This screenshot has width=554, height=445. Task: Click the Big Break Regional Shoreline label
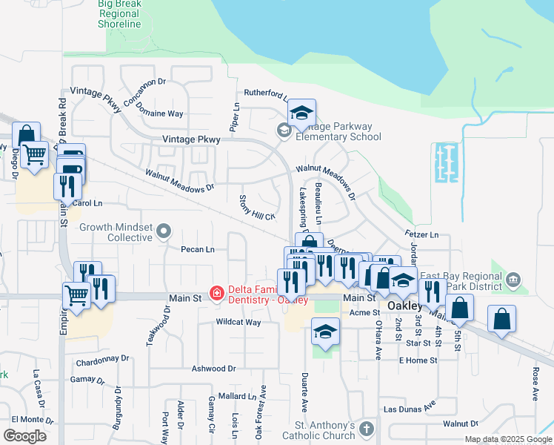120,14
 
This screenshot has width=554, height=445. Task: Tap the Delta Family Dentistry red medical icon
216,294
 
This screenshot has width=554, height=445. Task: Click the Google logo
24,436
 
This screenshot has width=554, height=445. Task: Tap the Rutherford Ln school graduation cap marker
301,113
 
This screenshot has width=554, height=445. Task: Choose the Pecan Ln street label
198,249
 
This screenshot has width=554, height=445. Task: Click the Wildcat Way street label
238,323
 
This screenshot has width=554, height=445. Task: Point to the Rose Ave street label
534,384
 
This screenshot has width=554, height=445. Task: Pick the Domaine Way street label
164,114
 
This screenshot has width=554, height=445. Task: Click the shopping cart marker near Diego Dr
34,156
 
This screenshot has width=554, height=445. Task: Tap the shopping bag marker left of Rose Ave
501,319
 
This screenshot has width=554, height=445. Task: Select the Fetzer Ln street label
421,235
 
